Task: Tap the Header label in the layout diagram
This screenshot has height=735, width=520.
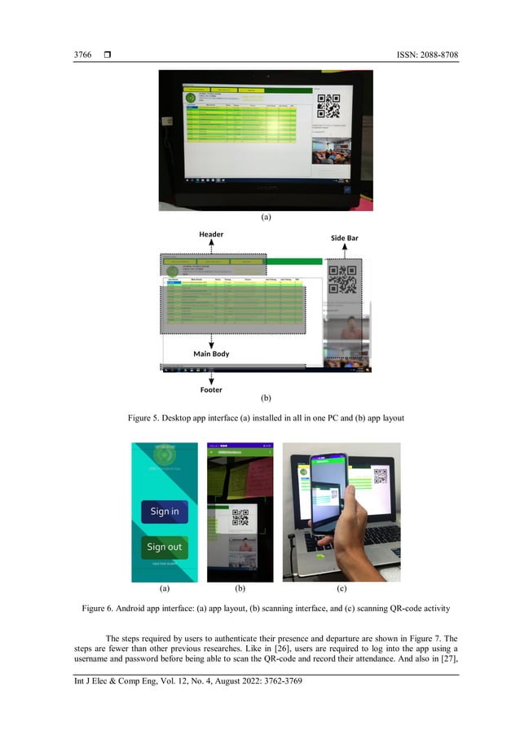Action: pyautogui.click(x=211, y=234)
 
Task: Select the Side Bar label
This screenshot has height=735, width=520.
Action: pyautogui.click(x=344, y=238)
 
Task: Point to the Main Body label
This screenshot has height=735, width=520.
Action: pyautogui.click(x=211, y=354)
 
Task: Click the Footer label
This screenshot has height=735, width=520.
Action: pyautogui.click(x=211, y=390)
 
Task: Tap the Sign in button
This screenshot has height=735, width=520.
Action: pyautogui.click(x=165, y=512)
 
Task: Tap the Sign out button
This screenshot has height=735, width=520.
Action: pyautogui.click(x=165, y=547)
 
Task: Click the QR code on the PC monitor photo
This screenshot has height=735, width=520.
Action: pyautogui.click(x=328, y=106)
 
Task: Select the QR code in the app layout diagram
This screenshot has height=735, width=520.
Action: pyautogui.click(x=342, y=279)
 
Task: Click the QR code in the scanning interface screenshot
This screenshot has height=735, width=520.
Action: pyautogui.click(x=240, y=518)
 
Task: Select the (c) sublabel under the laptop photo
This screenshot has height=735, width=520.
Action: pyautogui.click(x=342, y=588)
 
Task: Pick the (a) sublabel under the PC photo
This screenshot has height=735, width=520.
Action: pyautogui.click(x=265, y=218)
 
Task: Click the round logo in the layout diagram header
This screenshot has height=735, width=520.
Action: pyautogui.click(x=172, y=272)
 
